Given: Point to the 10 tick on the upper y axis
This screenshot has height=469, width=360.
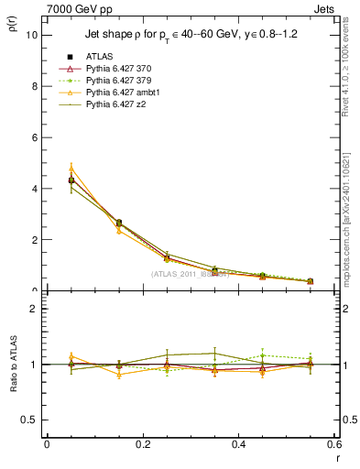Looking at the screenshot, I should [34, 35].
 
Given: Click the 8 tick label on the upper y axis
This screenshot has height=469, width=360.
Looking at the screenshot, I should [36, 86].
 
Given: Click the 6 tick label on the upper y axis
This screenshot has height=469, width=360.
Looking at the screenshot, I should [36, 137].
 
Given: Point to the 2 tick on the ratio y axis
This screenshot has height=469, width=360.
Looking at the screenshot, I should [36, 309].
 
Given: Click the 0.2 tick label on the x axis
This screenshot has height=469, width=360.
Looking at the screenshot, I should [142, 445].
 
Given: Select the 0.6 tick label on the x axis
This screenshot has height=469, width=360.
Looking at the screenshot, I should [334, 445].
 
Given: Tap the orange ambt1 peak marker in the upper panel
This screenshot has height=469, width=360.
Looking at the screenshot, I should [71, 169].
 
